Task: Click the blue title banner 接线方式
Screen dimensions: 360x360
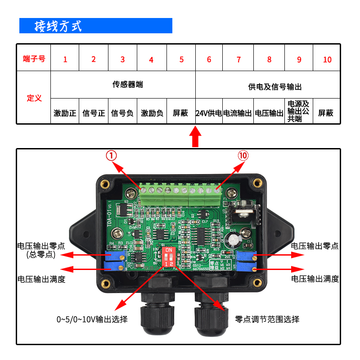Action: coord(95,26)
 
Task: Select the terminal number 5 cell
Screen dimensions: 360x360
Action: coord(181,59)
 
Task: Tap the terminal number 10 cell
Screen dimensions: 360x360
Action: coord(327,59)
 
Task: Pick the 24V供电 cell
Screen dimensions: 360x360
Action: coord(209,113)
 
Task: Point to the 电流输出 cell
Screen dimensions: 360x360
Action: coord(238,113)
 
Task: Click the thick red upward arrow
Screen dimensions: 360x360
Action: coord(195,137)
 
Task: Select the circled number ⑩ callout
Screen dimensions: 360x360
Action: coord(243,156)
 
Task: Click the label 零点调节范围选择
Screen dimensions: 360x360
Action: coord(267,319)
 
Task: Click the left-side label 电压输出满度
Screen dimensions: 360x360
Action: coord(41,279)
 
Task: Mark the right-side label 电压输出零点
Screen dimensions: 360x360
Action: coord(315,246)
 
